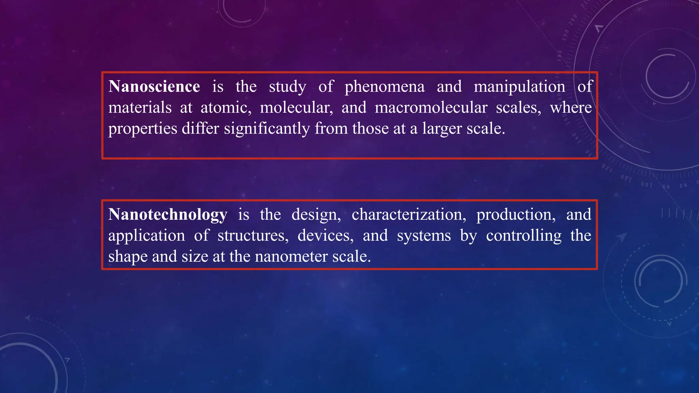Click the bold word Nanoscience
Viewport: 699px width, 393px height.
[154, 87]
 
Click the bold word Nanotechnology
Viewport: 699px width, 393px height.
[168, 215]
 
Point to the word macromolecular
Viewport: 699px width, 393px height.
[431, 108]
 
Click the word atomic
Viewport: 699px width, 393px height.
[226, 108]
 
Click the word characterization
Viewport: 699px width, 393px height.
[409, 215]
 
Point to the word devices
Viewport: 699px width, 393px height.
[326, 236]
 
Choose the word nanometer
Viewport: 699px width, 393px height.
[291, 257]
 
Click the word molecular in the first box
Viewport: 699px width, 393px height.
[296, 108]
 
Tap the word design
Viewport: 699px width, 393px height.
[316, 215]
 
